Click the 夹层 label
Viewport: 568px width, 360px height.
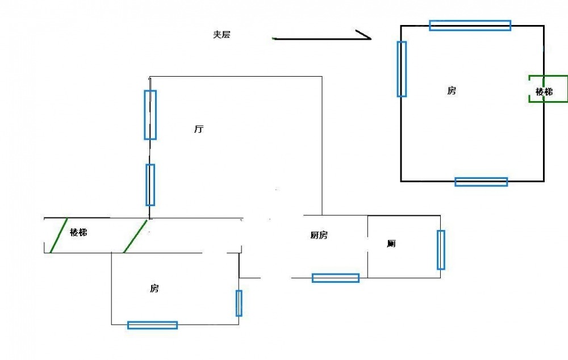222,35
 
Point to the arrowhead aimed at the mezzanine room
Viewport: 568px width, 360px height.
366,37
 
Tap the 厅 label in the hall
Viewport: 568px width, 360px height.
199,129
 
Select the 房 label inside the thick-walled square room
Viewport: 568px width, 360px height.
452,90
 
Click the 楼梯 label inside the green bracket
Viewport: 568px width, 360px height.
544,91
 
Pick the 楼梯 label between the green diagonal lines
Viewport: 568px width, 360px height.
78,232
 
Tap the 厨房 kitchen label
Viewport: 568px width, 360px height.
319,235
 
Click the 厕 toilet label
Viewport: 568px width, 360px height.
391,244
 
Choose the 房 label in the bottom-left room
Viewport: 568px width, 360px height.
154,288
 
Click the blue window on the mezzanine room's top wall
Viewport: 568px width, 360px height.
470,25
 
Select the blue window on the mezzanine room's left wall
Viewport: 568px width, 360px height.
402,69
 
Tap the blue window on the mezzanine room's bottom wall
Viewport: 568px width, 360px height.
481,182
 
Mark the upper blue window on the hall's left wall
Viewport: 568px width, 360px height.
150,115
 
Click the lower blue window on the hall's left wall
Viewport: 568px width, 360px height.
150,185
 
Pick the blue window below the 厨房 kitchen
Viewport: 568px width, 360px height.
335,278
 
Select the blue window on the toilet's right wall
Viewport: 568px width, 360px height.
441,249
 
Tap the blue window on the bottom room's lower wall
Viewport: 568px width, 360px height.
152,325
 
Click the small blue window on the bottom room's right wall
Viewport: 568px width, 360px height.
239,303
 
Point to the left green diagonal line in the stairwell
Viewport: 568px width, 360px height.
59,235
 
